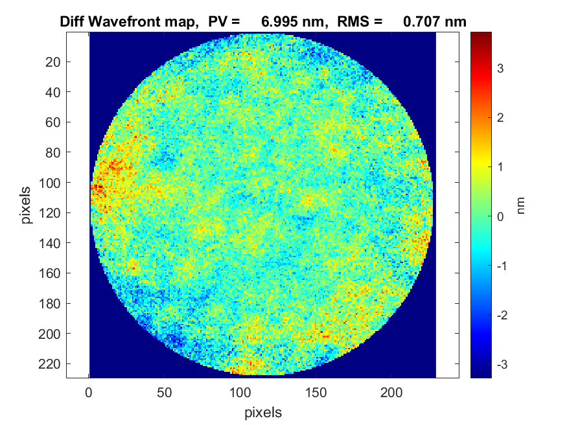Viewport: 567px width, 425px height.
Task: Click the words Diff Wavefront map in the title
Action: pyautogui.click(x=129, y=21)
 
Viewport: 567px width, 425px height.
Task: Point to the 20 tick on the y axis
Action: pyautogui.click(x=54, y=62)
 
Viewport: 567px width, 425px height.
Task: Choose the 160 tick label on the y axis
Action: pyautogui.click(x=52, y=273)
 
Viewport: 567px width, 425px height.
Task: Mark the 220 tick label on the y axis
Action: pyautogui.click(x=52, y=364)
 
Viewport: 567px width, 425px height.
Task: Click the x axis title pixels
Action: pyautogui.click(x=263, y=411)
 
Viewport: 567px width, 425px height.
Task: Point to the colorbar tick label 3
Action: pyautogui.click(x=500, y=68)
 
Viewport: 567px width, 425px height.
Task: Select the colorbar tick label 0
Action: pyautogui.click(x=500, y=216)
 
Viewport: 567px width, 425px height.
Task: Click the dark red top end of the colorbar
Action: pyautogui.click(x=481, y=35)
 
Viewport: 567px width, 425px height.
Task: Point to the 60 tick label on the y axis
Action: pyautogui.click(x=54, y=122)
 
